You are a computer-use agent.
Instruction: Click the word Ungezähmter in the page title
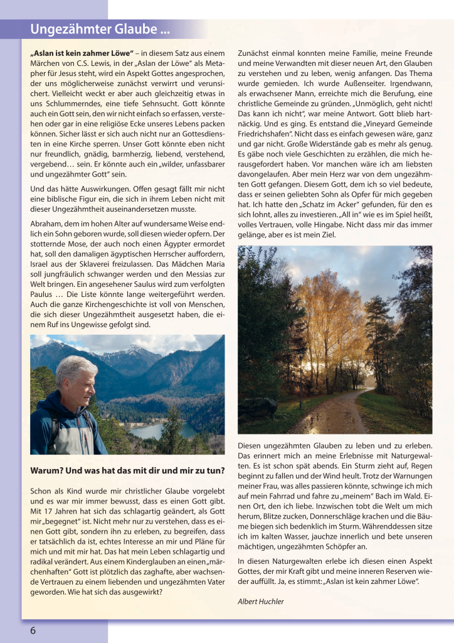(65, 30)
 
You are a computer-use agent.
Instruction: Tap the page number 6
(33, 630)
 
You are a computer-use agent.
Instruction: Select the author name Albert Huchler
(260, 602)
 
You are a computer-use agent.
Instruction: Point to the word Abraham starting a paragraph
(46, 223)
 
